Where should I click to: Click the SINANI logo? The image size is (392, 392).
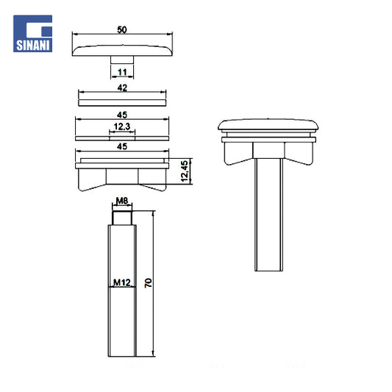[x=33, y=34]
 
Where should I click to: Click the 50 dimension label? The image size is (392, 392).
[x=122, y=30]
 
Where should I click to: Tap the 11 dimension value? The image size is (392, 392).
[x=122, y=72]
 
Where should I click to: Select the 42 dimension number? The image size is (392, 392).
[x=122, y=88]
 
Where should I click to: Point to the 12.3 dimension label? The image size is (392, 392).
[x=122, y=126]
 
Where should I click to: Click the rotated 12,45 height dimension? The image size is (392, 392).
[x=185, y=171]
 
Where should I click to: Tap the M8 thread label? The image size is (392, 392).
[x=122, y=201]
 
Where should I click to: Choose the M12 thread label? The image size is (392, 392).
[x=122, y=282]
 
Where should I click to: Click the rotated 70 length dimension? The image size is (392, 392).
[x=149, y=282]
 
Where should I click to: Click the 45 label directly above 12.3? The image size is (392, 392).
[x=122, y=115]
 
